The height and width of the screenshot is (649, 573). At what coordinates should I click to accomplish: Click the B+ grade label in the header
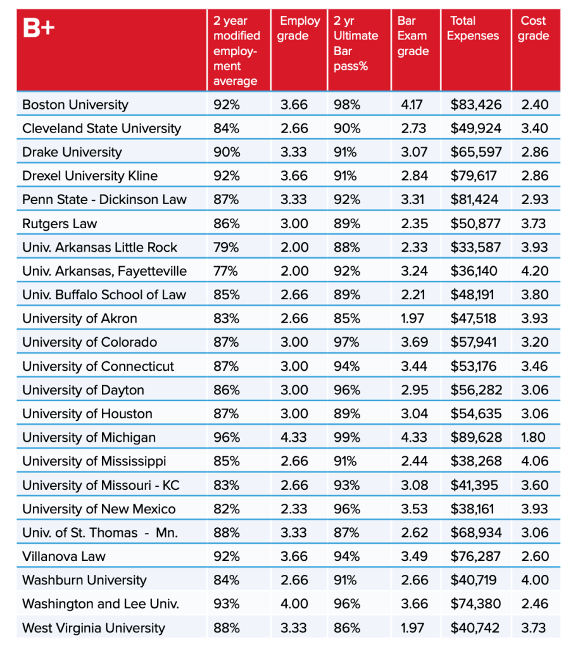(39, 28)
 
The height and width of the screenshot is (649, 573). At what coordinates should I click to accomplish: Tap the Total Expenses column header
(472, 28)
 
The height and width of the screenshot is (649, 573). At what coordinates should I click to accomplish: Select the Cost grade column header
(533, 28)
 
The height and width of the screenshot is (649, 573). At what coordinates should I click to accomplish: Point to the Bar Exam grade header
(413, 36)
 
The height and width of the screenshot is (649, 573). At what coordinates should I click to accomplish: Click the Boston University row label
(75, 105)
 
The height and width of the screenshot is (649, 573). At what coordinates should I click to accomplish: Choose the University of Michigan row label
(89, 437)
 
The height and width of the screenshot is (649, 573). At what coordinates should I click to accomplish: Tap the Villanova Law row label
(64, 556)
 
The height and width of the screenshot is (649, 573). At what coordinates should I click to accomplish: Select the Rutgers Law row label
(60, 224)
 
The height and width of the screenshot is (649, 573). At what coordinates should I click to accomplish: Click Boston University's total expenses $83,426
(476, 105)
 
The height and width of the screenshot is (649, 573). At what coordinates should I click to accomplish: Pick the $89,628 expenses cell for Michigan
(476, 437)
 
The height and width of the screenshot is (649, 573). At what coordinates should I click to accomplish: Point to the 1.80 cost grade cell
(533, 437)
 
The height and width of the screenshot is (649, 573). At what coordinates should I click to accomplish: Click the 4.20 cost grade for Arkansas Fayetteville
(534, 271)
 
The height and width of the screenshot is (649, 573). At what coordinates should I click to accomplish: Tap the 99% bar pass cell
(347, 437)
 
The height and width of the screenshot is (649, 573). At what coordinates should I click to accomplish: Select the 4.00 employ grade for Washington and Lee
(294, 604)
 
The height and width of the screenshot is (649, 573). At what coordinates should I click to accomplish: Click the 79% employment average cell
(226, 248)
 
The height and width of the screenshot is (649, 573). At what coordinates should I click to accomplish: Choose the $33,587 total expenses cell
(475, 248)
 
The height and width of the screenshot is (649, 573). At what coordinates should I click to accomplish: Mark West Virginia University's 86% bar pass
(347, 628)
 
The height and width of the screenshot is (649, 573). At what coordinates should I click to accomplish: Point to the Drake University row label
(72, 152)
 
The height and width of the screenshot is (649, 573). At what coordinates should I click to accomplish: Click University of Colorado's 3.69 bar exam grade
(414, 342)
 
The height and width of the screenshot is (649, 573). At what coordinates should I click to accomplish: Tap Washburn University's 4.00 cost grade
(534, 581)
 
